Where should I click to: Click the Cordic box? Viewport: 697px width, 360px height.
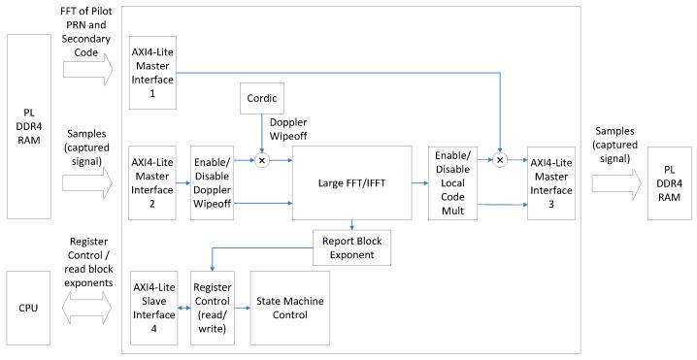point(261,97)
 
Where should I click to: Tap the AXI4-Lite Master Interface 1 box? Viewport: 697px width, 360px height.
point(152,71)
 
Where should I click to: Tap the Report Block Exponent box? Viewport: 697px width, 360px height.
point(350,248)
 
